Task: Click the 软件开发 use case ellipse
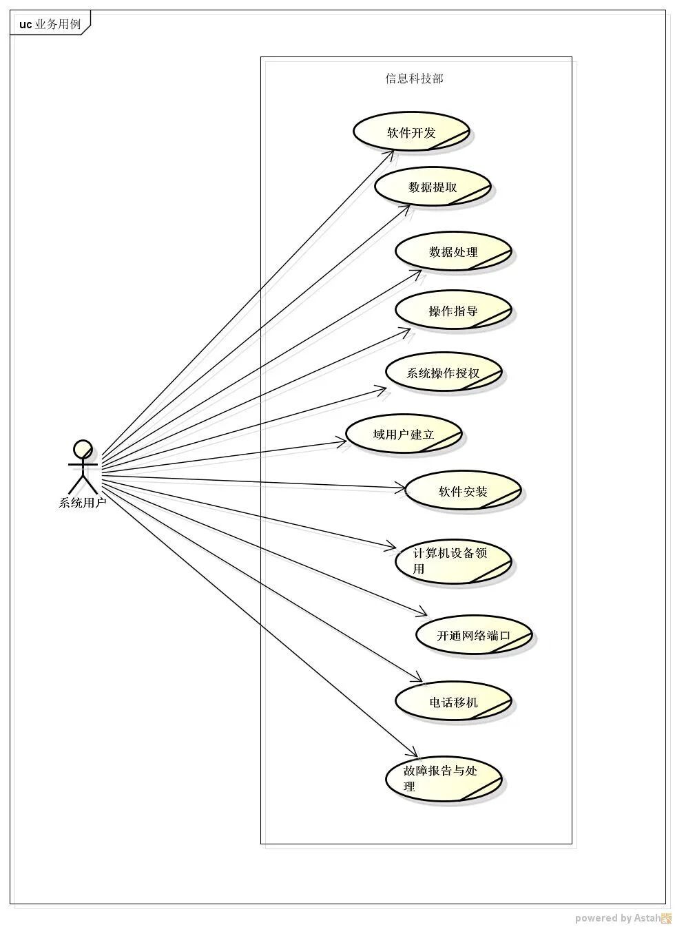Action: click(x=411, y=132)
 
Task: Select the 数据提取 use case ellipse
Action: click(x=433, y=187)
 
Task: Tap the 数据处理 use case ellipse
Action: click(x=453, y=252)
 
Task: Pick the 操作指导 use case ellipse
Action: click(x=453, y=311)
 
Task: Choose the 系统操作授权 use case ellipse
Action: click(x=444, y=373)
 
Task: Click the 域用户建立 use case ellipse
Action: click(x=403, y=435)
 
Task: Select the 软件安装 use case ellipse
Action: click(x=463, y=491)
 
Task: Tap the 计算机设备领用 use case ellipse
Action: click(x=453, y=561)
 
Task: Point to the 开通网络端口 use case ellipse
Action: click(x=474, y=635)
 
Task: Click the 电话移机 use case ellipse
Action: click(x=453, y=702)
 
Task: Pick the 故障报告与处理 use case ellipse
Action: click(x=444, y=779)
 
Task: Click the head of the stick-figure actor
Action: click(x=83, y=449)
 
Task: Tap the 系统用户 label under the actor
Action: click(x=83, y=503)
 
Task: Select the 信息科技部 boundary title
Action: click(x=414, y=79)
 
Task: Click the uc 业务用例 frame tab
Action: click(x=50, y=24)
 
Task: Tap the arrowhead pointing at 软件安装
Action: click(x=402, y=489)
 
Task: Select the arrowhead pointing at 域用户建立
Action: click(x=340, y=441)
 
